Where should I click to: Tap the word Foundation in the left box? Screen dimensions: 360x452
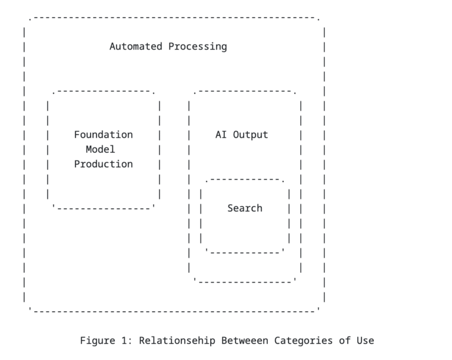coord(103,135)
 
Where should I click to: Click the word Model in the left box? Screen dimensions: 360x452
coord(100,149)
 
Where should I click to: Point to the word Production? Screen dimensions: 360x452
coord(103,164)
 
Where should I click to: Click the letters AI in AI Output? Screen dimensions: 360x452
coord(221,135)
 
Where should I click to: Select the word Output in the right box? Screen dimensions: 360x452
coord(250,135)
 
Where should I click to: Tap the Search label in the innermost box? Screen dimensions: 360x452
coord(245,208)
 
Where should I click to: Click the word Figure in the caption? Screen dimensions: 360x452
coord(97,341)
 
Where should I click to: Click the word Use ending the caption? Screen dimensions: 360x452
coord(365,341)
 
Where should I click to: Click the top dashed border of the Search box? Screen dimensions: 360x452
coord(245,179)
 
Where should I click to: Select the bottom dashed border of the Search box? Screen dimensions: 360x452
coord(245,252)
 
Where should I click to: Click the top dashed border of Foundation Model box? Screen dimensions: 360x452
coord(103,91)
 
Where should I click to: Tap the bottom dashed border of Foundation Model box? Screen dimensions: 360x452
coord(103,208)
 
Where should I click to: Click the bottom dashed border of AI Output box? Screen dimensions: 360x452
coord(245,282)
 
